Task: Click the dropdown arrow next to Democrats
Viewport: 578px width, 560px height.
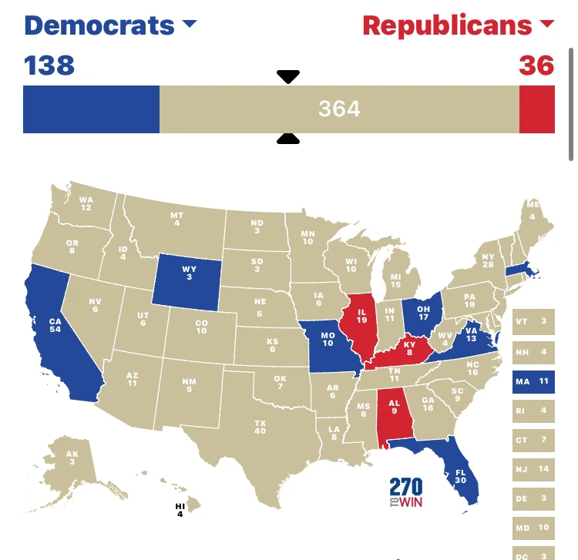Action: tap(189, 25)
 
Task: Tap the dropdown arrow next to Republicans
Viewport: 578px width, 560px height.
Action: tap(547, 25)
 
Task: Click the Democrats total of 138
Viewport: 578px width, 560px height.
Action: tap(49, 65)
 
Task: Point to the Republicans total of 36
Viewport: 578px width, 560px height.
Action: tap(536, 65)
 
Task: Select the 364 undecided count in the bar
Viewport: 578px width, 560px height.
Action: tap(339, 109)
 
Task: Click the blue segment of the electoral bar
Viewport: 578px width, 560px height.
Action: tap(91, 109)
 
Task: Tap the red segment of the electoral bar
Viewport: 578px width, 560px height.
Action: tap(536, 109)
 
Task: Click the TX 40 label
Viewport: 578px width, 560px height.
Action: tap(260, 426)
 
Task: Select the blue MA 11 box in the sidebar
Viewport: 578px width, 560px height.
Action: tap(533, 381)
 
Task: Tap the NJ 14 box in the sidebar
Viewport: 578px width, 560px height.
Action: tap(533, 469)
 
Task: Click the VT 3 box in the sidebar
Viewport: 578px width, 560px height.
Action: tap(533, 321)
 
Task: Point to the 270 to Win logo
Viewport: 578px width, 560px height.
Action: tap(406, 493)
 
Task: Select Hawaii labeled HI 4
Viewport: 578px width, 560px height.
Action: tap(180, 509)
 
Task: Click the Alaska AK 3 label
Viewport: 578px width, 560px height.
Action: tap(72, 457)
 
